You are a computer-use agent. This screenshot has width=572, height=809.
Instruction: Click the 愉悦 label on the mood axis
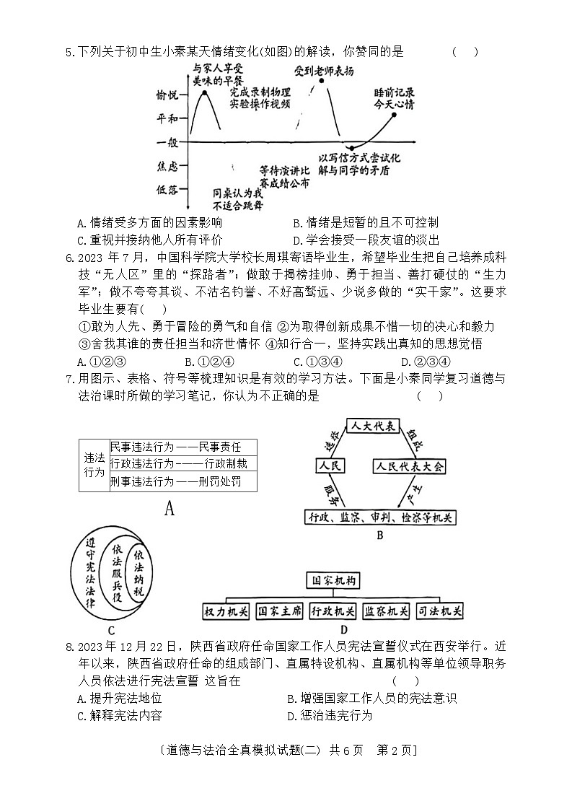pyautogui.click(x=167, y=95)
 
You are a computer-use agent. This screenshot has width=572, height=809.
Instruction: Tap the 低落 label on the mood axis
pyautogui.click(x=167, y=190)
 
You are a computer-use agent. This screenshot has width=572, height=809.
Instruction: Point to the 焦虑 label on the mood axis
pyautogui.click(x=167, y=167)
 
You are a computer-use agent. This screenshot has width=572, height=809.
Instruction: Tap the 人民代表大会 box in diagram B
pyautogui.click(x=409, y=466)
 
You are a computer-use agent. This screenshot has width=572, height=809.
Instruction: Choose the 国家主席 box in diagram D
pyautogui.click(x=279, y=611)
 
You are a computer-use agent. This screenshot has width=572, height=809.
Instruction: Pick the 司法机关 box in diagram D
pyautogui.click(x=440, y=611)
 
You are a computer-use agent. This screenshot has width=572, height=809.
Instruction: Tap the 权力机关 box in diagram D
pyautogui.click(x=226, y=611)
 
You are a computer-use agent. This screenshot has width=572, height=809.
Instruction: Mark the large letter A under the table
pyautogui.click(x=170, y=509)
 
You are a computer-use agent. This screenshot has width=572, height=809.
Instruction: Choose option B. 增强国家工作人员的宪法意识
pyautogui.click(x=371, y=698)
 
